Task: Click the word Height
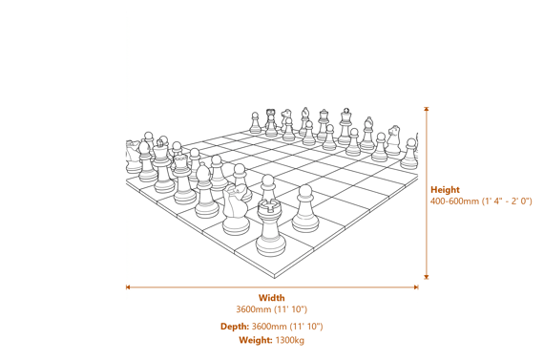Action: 445,190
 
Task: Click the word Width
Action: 271,298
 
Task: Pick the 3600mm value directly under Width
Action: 254,309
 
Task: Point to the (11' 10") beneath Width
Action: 290,309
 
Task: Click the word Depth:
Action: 235,327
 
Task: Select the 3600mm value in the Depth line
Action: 269,327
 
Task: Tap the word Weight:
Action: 256,340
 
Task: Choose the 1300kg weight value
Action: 289,340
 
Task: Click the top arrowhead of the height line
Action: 427,110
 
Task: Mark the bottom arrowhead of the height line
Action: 427,277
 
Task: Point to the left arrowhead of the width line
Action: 129,286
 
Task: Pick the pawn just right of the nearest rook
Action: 304,210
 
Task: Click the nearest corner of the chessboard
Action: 276,278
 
